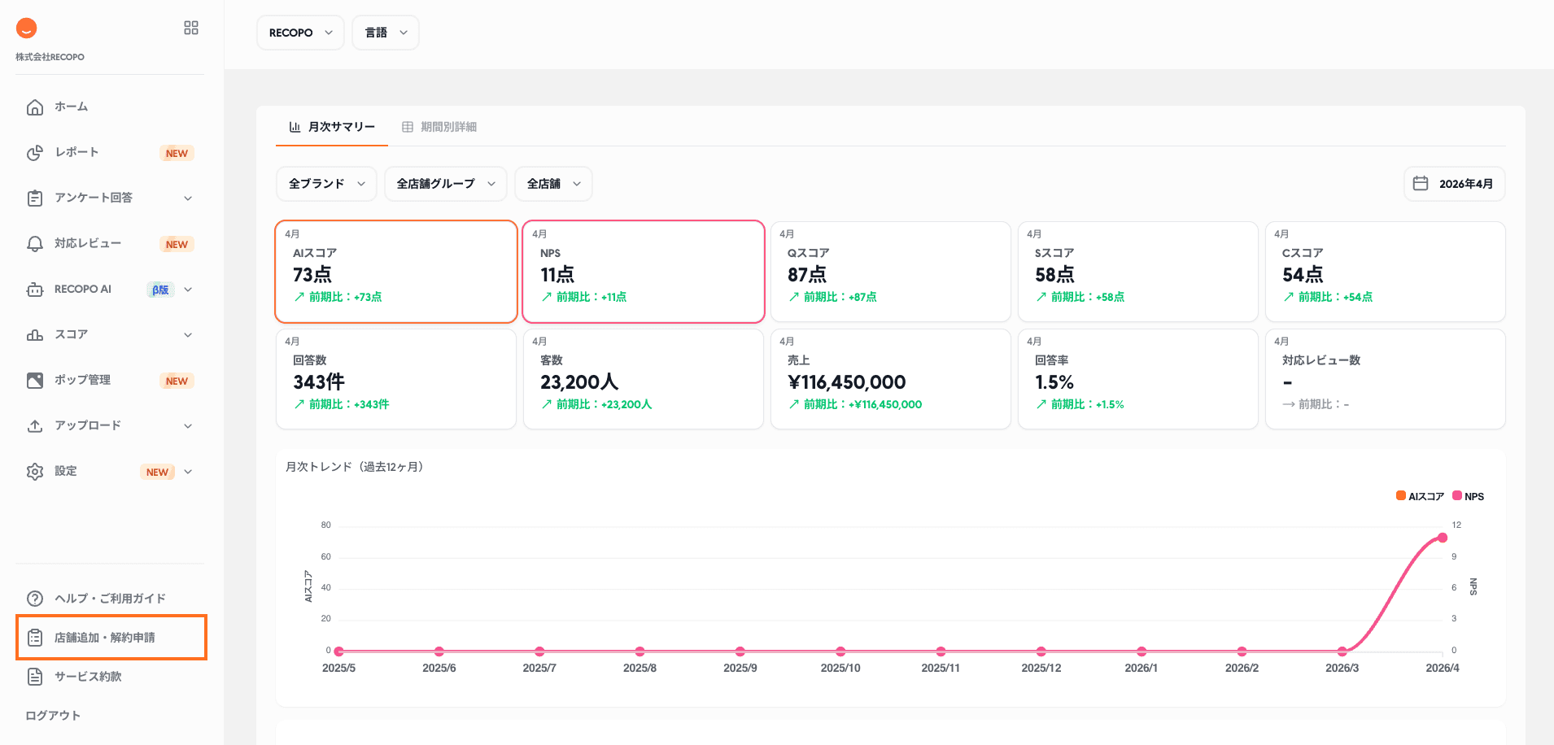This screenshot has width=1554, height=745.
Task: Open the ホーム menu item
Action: [71, 107]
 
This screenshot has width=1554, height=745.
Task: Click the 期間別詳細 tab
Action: [439, 127]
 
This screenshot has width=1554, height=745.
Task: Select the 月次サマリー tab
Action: [332, 127]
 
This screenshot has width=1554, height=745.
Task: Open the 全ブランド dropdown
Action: [326, 184]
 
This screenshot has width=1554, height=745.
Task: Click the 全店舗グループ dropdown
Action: [445, 184]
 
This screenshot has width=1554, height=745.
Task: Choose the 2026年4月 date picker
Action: [1454, 184]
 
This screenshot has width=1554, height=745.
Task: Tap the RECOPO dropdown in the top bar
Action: [300, 33]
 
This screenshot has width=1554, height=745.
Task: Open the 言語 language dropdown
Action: [385, 33]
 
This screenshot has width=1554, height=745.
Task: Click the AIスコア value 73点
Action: [312, 275]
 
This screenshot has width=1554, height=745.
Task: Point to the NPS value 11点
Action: [557, 275]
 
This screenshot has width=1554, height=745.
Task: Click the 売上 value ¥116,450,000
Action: [846, 382]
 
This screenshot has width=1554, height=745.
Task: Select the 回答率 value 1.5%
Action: [1054, 382]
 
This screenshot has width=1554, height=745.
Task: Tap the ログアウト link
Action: [53, 716]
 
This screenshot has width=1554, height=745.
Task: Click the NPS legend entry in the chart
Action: [1469, 496]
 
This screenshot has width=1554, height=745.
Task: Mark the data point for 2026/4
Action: [1443, 538]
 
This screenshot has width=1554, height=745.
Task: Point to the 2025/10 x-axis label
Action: [840, 668]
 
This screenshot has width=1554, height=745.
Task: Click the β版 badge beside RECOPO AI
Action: [160, 290]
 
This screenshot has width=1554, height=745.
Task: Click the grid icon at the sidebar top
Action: [191, 28]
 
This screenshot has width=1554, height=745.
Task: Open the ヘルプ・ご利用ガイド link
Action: [110, 599]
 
